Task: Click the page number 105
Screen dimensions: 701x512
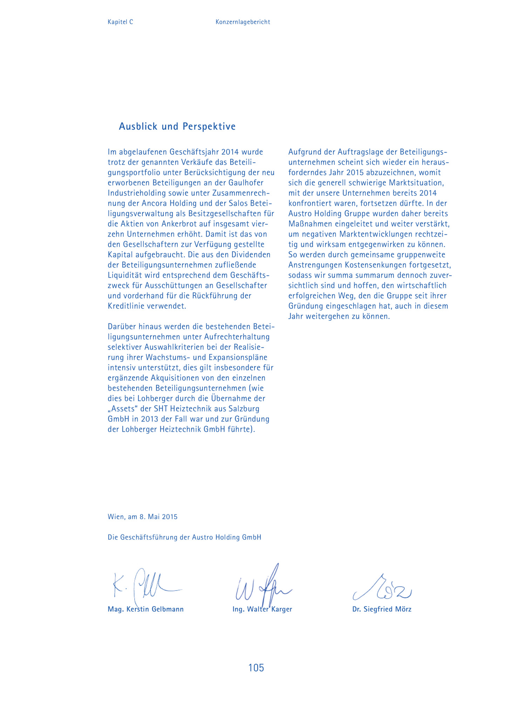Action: point(256,668)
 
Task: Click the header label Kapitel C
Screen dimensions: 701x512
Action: point(120,22)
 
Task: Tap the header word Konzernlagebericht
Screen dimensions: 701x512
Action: point(243,22)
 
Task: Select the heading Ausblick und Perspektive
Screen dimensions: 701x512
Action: point(177,126)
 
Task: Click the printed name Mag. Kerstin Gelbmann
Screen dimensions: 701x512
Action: point(145,609)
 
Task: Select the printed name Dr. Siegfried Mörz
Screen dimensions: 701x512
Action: point(382,609)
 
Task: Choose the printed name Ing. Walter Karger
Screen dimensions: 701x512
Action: point(262,609)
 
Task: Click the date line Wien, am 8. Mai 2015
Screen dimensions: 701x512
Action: point(142,517)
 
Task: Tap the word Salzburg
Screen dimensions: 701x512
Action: point(244,409)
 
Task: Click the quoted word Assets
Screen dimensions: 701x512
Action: point(123,409)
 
